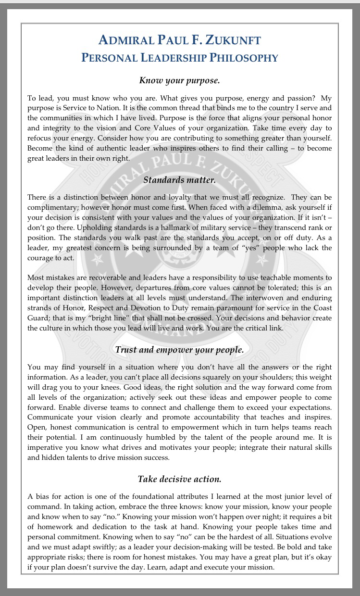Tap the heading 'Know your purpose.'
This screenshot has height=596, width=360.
(179, 80)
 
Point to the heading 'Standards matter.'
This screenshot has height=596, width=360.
(179, 180)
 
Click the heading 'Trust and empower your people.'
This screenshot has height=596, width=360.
(179, 350)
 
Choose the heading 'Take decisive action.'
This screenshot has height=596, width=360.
(179, 479)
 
